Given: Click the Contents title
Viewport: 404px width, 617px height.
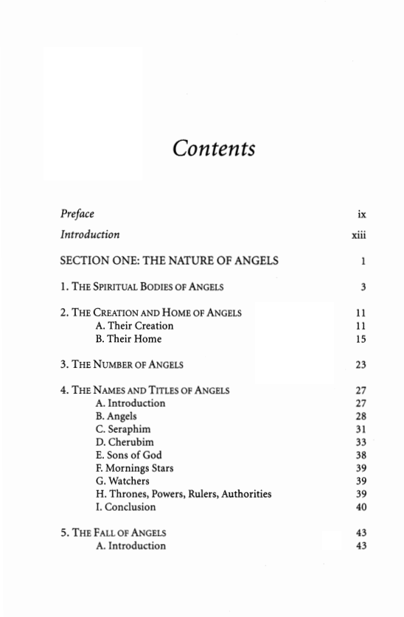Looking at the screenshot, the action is pos(214,148).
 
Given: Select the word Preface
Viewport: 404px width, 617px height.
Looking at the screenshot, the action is pos(77,214).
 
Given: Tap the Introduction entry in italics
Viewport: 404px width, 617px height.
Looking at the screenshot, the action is pos(90,234).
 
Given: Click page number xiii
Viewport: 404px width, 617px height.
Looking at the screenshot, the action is pos(359,235).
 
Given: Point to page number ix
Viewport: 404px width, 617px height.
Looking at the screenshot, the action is pos(361,215).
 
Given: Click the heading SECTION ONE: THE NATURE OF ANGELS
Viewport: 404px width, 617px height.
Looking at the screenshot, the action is pos(170,260).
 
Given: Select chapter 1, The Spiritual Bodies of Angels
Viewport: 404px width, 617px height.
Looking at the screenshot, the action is pos(142,286).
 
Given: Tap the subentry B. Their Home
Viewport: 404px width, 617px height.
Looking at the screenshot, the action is pos(128,339).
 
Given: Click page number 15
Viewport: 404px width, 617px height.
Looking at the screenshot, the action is pos(361,339).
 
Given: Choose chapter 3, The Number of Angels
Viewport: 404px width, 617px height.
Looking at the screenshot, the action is pos(122,364).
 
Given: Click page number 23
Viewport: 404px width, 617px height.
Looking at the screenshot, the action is pos(361,364).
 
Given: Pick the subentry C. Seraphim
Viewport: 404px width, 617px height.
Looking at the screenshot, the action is pos(123,429).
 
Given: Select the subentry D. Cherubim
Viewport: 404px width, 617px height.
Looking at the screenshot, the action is pos(125,442).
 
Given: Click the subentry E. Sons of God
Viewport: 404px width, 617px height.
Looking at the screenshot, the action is pos(129,455).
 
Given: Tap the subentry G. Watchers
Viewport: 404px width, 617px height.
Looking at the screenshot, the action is pos(122,481).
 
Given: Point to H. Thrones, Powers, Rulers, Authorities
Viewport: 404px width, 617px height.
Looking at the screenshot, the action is pos(184,494).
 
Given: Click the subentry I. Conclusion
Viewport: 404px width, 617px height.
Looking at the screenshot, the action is pos(126,507).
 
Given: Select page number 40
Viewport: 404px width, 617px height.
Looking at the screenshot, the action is pos(361,507).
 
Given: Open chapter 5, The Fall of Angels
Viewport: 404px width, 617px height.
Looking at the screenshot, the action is pos(114,533).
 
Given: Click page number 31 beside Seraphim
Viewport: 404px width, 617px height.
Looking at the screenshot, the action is pos(361,429).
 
